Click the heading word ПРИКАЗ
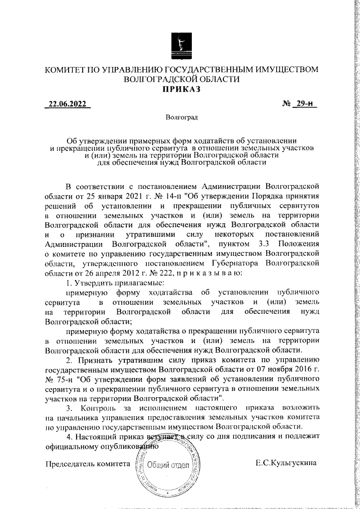tap(181, 90)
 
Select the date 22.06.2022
tap(67, 105)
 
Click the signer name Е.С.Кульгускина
tap(285, 462)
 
